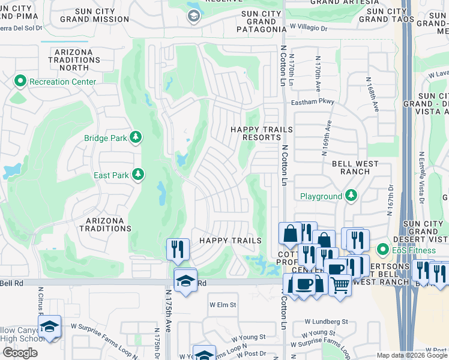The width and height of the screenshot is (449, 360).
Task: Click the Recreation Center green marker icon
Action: pyautogui.click(x=20, y=81)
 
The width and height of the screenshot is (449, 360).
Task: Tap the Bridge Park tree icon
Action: pyautogui.click(x=137, y=138)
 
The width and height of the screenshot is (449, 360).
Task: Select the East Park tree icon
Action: pyautogui.click(x=138, y=175)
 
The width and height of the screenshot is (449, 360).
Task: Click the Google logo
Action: pyautogui.click(x=20, y=353)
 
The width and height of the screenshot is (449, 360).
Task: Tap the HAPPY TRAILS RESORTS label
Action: pyautogui.click(x=262, y=133)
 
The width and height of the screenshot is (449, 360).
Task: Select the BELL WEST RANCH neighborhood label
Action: pyautogui.click(x=351, y=168)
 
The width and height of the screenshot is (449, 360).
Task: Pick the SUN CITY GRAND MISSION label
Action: pyautogui.click(x=94, y=15)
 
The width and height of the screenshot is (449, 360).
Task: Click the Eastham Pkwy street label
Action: pyautogui.click(x=312, y=102)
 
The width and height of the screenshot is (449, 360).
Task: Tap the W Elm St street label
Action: pyautogui.click(x=223, y=305)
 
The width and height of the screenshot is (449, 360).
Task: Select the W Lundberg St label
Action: pyautogui.click(x=326, y=322)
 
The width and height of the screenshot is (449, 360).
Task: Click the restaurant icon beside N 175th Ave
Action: pyautogui.click(x=178, y=249)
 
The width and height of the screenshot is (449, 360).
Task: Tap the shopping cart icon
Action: pyautogui.click(x=340, y=286)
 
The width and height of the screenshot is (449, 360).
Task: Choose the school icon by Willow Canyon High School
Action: pyautogui.click(x=49, y=327)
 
